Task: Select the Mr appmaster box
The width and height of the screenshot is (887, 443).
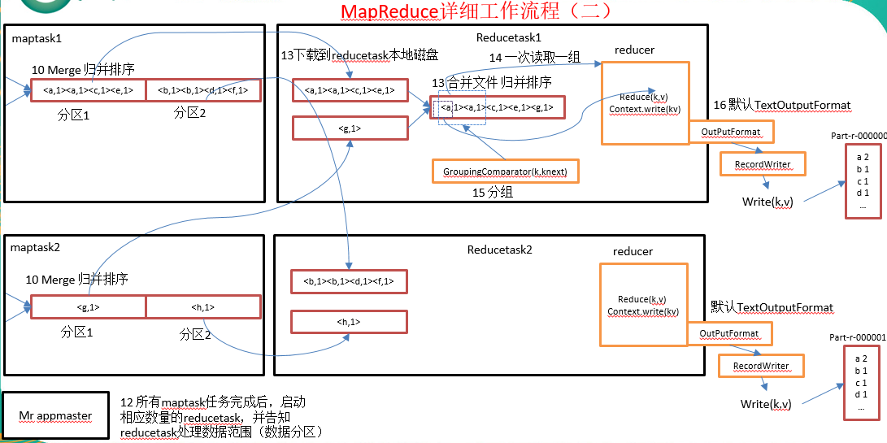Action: (x=55, y=415)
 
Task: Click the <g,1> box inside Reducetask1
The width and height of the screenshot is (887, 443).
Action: (x=350, y=128)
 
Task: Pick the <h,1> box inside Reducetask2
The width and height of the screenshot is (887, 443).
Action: (x=349, y=322)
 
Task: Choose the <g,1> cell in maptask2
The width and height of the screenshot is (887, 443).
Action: (x=88, y=306)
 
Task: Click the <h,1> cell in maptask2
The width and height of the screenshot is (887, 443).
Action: (x=203, y=306)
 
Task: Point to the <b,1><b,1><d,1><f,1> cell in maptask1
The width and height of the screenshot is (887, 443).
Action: (x=203, y=90)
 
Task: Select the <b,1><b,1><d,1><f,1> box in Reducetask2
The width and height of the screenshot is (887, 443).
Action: (x=349, y=281)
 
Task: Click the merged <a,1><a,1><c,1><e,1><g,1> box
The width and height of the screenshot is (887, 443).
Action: (x=496, y=107)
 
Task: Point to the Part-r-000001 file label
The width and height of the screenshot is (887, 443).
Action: (x=856, y=337)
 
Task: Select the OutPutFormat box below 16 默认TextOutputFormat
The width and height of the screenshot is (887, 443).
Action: (x=730, y=131)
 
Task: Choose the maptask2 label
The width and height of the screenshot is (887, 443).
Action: (x=36, y=245)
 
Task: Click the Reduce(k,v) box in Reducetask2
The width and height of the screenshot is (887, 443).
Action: (x=643, y=305)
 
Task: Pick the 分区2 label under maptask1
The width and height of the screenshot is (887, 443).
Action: (x=190, y=113)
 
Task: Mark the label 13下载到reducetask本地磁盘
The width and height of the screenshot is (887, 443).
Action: (x=359, y=54)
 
